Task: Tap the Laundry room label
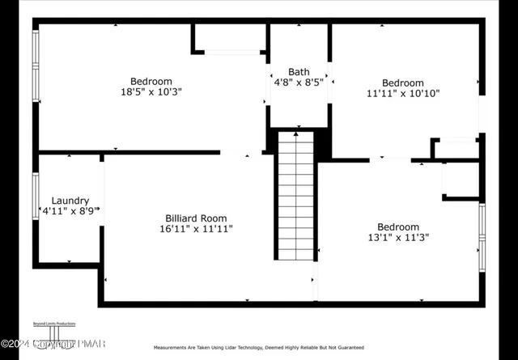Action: (x=70, y=201)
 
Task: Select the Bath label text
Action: (x=299, y=71)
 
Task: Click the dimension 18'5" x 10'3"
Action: (x=151, y=92)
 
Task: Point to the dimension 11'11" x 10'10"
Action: (x=402, y=94)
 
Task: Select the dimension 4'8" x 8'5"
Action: (x=299, y=82)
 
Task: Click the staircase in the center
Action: (x=295, y=198)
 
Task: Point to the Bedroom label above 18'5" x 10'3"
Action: (x=151, y=81)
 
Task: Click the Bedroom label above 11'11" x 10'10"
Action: (x=402, y=83)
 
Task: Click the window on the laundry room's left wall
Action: (x=36, y=196)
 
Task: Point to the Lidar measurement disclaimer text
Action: (x=258, y=346)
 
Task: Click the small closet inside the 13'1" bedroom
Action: (x=461, y=180)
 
